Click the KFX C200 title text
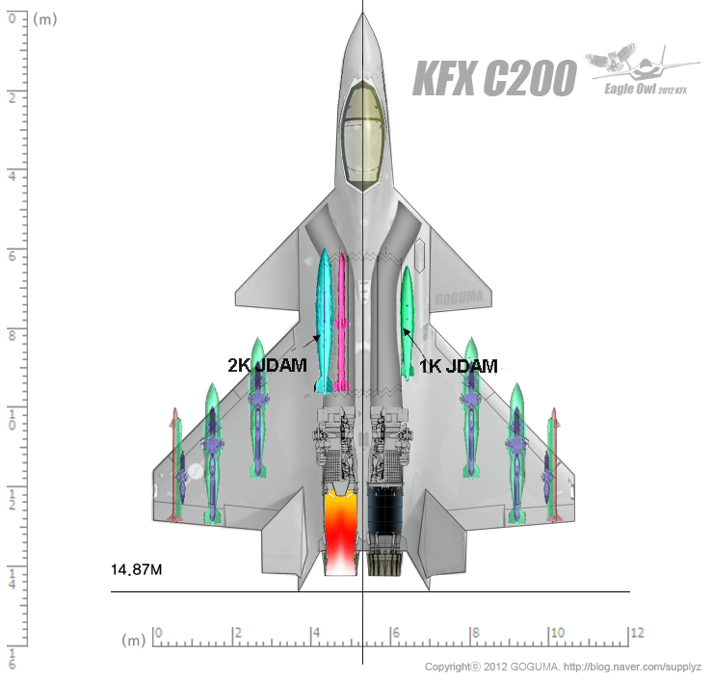tap(494, 78)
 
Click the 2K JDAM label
tap(268, 365)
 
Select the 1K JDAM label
tap(458, 366)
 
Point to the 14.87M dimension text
tap(137, 569)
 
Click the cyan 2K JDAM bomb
tap(325, 321)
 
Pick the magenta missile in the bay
tap(341, 322)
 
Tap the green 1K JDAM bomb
tap(407, 323)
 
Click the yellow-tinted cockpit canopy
tap(362, 137)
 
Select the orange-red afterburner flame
tap(340, 532)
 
